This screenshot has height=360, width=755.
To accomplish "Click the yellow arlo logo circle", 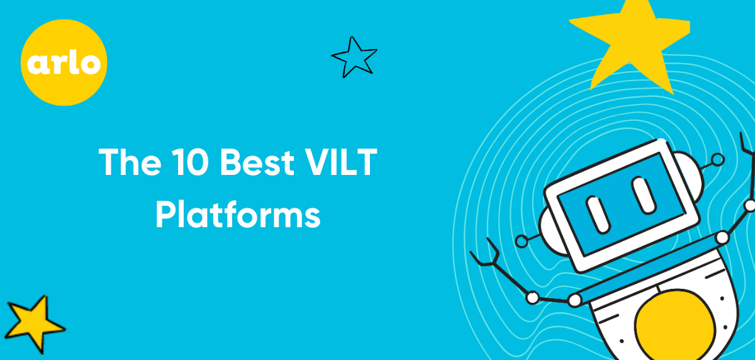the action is tap(64, 62).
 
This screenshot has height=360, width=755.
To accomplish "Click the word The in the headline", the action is tap(130, 162).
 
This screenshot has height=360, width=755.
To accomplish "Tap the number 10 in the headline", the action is tap(190, 162).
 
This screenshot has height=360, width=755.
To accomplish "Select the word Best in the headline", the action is tap(257, 162).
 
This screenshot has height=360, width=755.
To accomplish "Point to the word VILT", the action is tap(341, 162).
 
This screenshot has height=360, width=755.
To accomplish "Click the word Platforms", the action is tap(238, 215).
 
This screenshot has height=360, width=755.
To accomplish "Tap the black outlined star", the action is tap(355, 57).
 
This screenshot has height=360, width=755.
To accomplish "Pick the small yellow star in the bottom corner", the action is tap(34, 323).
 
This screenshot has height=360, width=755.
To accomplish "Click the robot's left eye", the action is tap(598, 215).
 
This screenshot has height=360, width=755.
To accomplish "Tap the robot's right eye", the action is tap(644, 196).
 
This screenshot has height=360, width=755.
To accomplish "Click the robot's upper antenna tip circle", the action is tap(718, 159).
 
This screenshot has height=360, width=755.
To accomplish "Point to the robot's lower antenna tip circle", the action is tap(522, 241).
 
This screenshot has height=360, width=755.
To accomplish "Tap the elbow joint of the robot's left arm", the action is tap(532, 298).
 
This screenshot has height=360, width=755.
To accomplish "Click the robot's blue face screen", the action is tap(621, 205).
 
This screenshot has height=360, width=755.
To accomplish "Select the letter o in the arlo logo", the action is tap(91, 64).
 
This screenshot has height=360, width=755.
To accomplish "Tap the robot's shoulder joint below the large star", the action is tap(722, 238).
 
